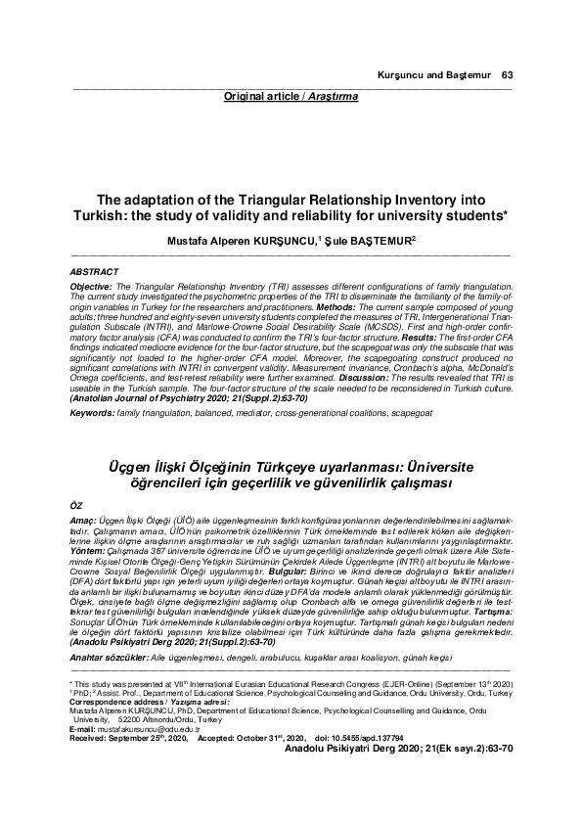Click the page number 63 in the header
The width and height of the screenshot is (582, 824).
507,74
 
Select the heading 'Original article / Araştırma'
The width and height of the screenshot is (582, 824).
291,98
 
